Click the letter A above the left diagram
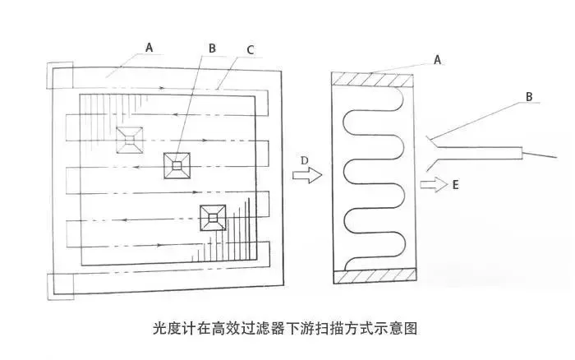coord(149,48)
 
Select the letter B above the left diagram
coord(212,48)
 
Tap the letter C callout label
coord(251,49)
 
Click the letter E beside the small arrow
coord(454,186)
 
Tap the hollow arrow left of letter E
coord(431,185)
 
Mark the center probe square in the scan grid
coord(177,166)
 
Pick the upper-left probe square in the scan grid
coord(130,140)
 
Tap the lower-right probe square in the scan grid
coord(214,217)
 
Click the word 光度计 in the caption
coord(171,329)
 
